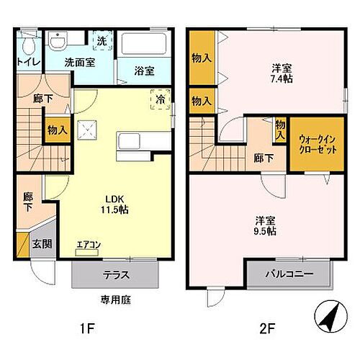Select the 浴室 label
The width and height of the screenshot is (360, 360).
pos(144,71)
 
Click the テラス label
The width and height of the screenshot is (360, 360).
pos(115,274)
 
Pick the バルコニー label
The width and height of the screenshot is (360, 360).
pos(289,274)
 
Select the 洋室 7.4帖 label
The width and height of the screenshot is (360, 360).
pos(282,73)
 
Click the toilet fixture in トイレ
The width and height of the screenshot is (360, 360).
pos(27,45)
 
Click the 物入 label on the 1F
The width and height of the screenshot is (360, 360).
pos(58,130)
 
